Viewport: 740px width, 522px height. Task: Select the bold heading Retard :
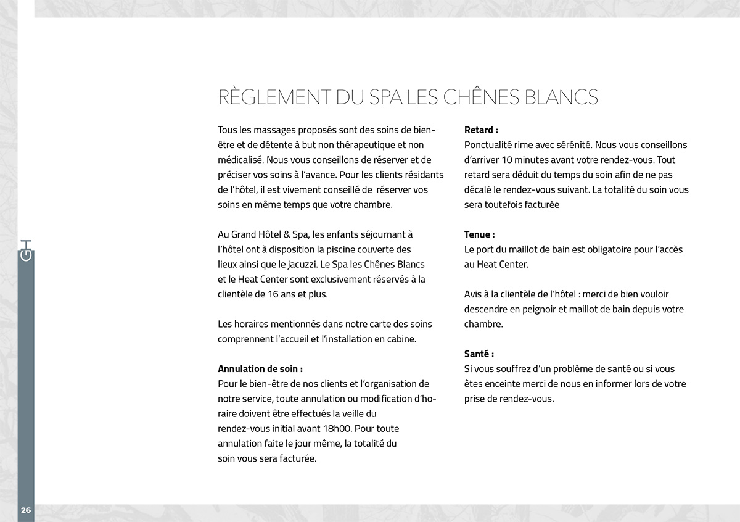pos(481,130)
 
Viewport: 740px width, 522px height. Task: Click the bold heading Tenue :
pos(479,234)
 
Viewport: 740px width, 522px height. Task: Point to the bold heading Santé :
pos(479,354)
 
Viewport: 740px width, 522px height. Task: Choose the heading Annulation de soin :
pos(260,369)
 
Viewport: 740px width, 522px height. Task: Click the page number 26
pos(26,510)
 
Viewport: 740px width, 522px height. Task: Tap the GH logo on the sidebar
pos(26,249)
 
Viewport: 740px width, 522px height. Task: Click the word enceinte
pos(503,384)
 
